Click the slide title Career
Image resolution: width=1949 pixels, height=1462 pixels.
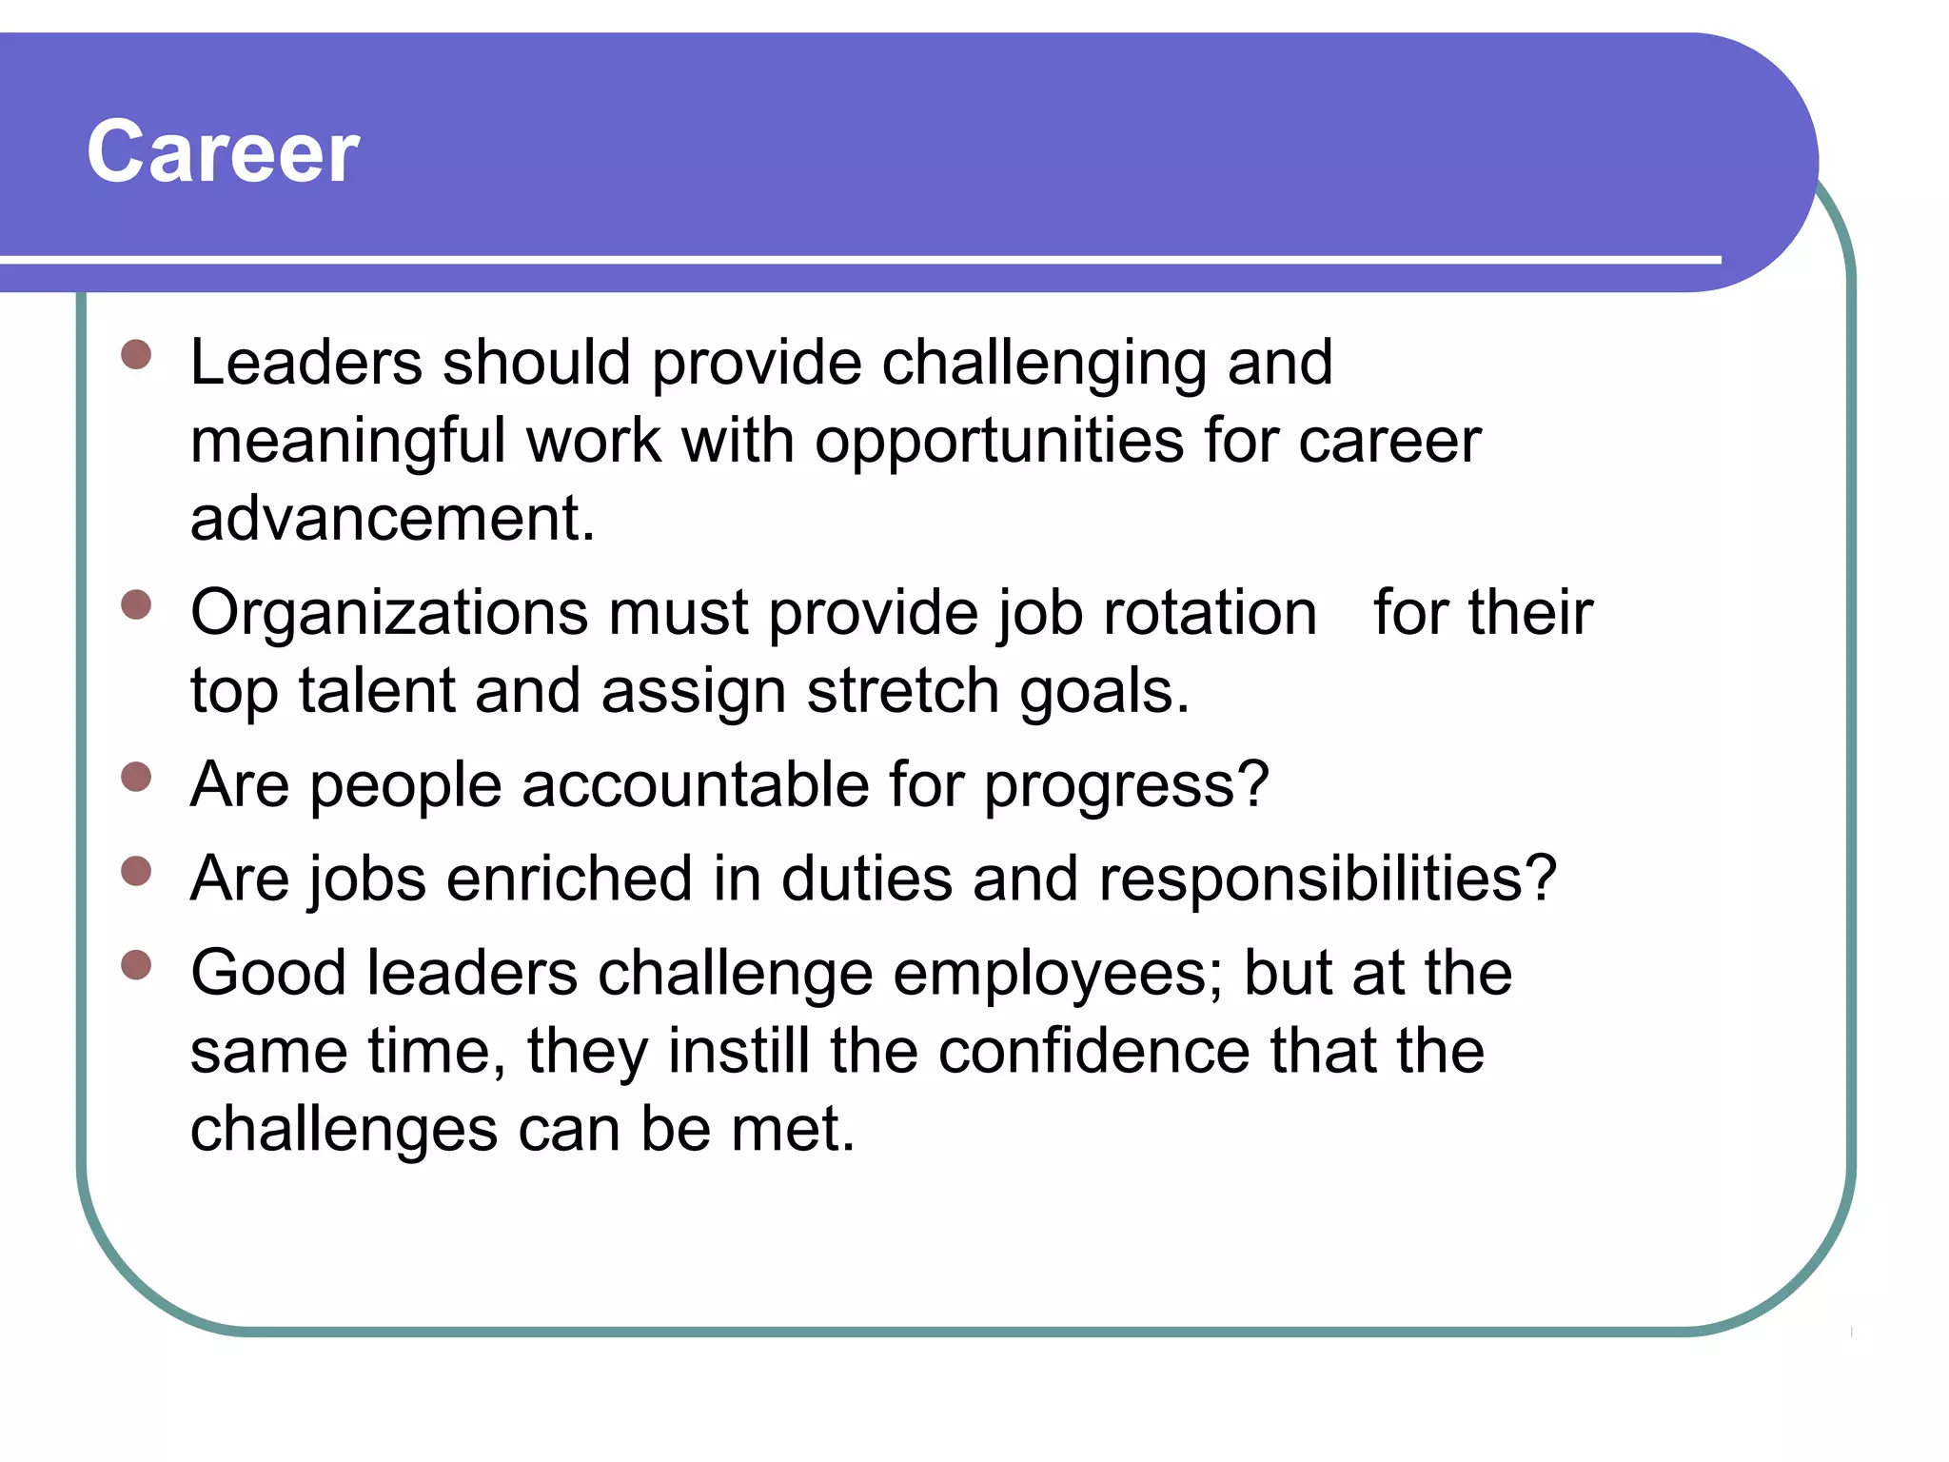(x=223, y=152)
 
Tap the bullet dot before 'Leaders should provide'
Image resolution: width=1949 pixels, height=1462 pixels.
(x=137, y=355)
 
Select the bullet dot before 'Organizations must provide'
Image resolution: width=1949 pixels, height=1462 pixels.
(x=137, y=605)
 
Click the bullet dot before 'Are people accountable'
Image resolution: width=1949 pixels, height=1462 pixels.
(x=137, y=777)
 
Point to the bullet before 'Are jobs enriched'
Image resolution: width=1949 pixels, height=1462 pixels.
(x=137, y=871)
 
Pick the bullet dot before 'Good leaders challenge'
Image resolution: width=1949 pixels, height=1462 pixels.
(x=137, y=965)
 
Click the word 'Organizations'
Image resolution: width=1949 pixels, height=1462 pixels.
(x=389, y=612)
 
